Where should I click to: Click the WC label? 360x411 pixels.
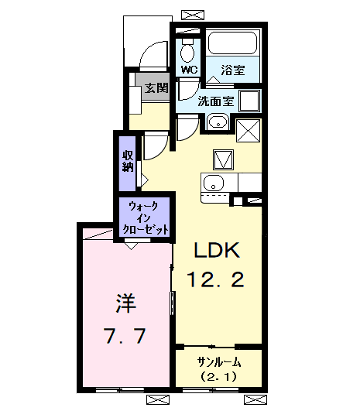[189, 69]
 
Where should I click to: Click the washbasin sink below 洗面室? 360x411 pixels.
[217, 121]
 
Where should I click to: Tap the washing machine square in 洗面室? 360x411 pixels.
[249, 101]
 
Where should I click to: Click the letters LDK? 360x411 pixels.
[218, 250]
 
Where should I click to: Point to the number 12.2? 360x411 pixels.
[216, 279]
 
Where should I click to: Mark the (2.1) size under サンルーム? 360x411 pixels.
[219, 377]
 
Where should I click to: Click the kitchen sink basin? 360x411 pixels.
[213, 183]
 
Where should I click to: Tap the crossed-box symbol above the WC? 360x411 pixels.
[187, 15]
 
